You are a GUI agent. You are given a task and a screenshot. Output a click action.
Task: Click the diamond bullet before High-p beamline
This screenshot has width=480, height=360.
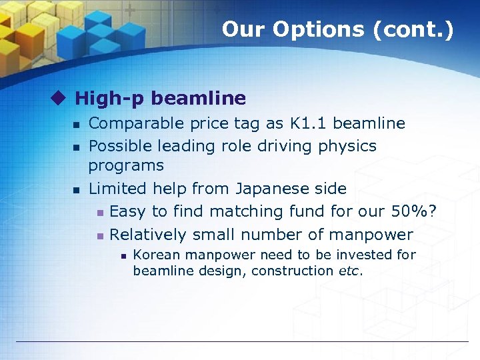click(61, 99)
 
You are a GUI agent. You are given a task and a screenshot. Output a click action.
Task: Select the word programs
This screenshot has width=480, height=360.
click(126, 165)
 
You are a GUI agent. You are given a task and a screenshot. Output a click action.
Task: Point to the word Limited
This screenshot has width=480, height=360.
click(115, 189)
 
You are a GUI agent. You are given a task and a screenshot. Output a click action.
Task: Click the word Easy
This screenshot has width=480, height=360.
click(128, 211)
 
